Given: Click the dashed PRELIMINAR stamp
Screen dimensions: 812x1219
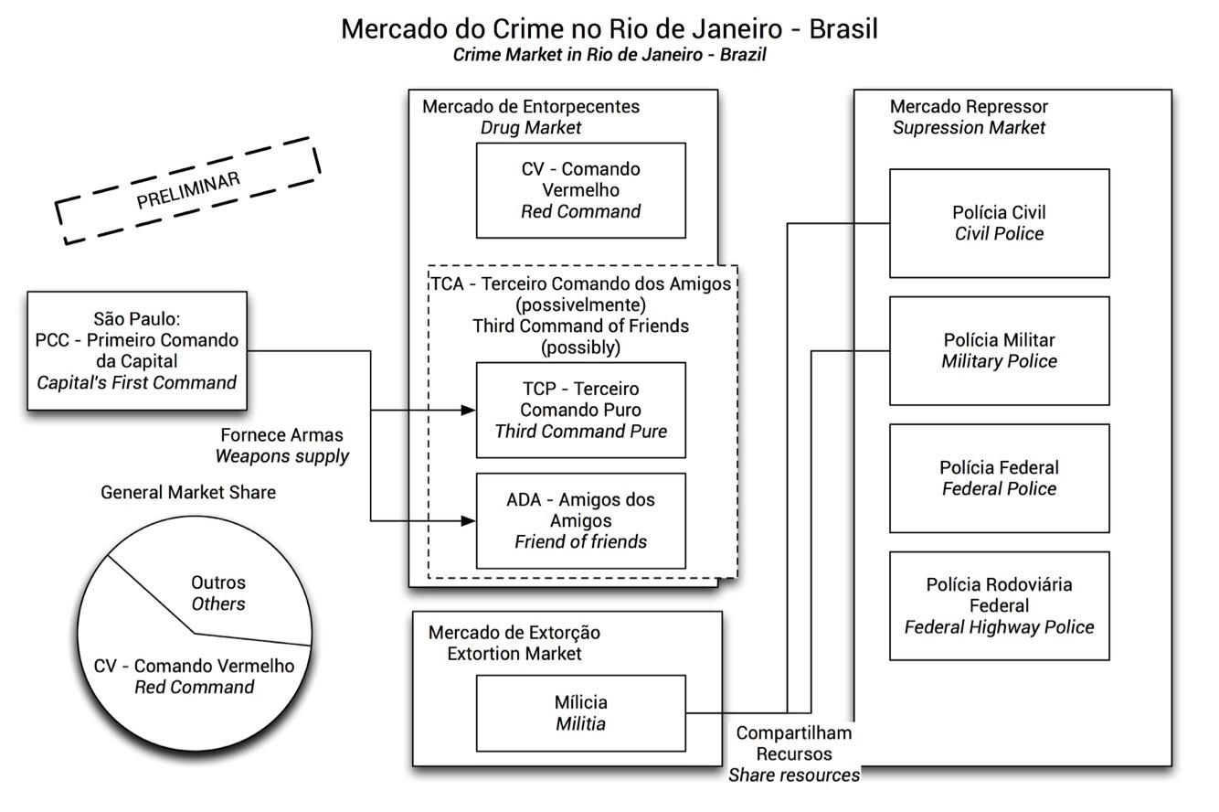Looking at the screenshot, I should (188, 191).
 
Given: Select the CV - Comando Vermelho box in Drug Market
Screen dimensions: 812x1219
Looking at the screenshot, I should (580, 190).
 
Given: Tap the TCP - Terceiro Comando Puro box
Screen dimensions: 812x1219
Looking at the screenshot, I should (580, 410).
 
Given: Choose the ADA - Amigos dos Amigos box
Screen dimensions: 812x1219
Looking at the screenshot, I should (580, 520).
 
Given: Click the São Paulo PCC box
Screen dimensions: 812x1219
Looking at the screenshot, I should (137, 350).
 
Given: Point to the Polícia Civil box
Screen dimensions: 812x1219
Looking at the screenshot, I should (999, 223).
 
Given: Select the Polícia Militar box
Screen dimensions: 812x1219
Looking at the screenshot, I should (999, 350).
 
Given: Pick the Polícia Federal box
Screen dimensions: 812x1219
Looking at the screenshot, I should (999, 478).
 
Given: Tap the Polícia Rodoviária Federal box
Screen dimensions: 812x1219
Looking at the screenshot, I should (999, 605).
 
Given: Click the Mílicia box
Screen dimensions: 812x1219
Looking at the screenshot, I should (580, 713).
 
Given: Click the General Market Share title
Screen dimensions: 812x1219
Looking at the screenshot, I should (188, 492).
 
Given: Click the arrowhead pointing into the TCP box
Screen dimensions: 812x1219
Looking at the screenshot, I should (469, 411).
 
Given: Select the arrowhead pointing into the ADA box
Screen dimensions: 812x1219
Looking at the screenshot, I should (469, 521).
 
